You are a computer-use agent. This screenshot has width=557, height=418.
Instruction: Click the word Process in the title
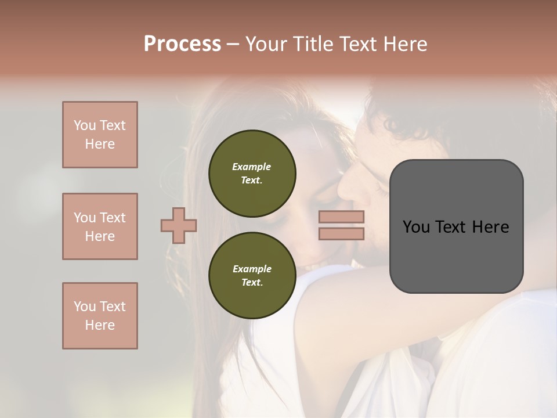[182, 44]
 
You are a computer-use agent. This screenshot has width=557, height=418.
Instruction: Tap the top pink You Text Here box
[100, 135]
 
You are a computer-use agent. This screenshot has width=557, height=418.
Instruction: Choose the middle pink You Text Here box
[100, 226]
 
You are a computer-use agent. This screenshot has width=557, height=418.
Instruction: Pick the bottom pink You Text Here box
[100, 316]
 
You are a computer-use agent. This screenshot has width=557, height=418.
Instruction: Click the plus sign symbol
[179, 226]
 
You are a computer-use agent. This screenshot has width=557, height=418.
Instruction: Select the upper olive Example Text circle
[252, 174]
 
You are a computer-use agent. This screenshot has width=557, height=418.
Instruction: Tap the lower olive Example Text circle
[252, 276]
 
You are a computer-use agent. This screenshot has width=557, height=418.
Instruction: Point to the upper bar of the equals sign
[341, 217]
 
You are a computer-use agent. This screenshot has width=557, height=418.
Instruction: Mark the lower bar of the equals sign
[341, 234]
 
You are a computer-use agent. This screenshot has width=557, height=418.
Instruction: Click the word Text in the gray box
[451, 227]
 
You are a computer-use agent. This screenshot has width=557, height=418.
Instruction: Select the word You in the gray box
[416, 227]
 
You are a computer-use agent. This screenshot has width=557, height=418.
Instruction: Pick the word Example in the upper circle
[252, 167]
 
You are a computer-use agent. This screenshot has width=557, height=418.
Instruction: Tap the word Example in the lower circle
[252, 269]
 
